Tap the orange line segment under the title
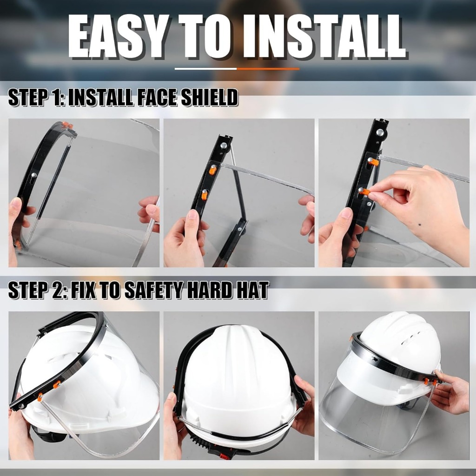[x=268, y=69]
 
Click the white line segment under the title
[x=206, y=69]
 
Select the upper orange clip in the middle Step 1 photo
[x=213, y=170]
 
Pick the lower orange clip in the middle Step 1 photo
[x=205, y=195]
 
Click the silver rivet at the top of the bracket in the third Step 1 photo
[x=380, y=132]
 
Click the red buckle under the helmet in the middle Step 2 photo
[x=224, y=456]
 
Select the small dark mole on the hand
[x=420, y=225]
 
